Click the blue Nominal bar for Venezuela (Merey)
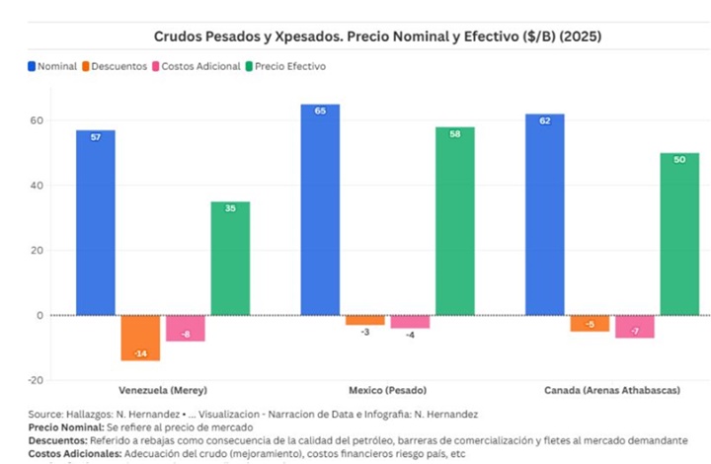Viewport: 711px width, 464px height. click(x=95, y=222)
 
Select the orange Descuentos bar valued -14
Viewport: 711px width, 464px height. click(x=140, y=338)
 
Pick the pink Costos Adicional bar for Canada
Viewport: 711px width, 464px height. click(x=634, y=327)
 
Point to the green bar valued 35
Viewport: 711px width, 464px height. click(x=229, y=258)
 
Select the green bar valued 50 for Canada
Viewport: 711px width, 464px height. click(x=679, y=234)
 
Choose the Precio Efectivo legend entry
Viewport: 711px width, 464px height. click(x=289, y=66)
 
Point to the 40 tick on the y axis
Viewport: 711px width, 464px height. click(x=38, y=186)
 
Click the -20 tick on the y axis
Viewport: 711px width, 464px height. click(x=36, y=380)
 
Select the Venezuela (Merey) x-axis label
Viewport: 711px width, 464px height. click(x=162, y=391)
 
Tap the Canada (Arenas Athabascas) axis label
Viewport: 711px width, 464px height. click(x=612, y=391)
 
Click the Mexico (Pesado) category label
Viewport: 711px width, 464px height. click(x=387, y=391)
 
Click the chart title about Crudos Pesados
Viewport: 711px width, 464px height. click(x=377, y=37)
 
